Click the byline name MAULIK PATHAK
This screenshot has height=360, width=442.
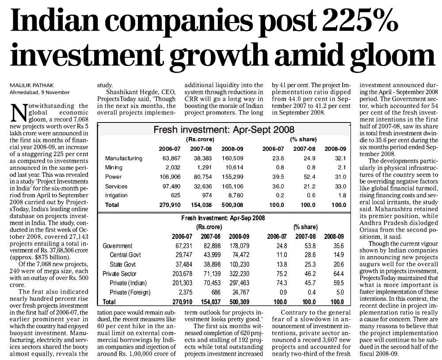click(31, 85)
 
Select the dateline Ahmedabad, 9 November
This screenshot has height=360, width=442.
click(40, 92)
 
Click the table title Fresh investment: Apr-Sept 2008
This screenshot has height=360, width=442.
click(224, 130)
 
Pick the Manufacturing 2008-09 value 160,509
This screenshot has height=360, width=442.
click(232, 158)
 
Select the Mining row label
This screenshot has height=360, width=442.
click(114, 168)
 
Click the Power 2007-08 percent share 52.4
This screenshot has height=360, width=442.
click(309, 177)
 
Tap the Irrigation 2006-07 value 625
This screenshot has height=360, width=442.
click(175, 195)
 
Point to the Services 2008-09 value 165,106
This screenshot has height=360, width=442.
click(232, 187)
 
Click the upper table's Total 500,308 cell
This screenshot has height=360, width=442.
click(232, 205)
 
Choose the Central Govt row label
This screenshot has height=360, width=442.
click(125, 255)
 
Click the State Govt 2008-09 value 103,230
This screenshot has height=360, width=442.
click(239, 264)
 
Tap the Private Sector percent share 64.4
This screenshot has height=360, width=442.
click(339, 274)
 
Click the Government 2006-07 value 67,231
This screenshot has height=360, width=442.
click(184, 246)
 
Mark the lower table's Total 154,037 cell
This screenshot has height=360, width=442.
click(210, 302)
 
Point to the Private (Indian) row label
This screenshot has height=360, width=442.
click(128, 283)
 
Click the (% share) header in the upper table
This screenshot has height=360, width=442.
click(303, 139)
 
